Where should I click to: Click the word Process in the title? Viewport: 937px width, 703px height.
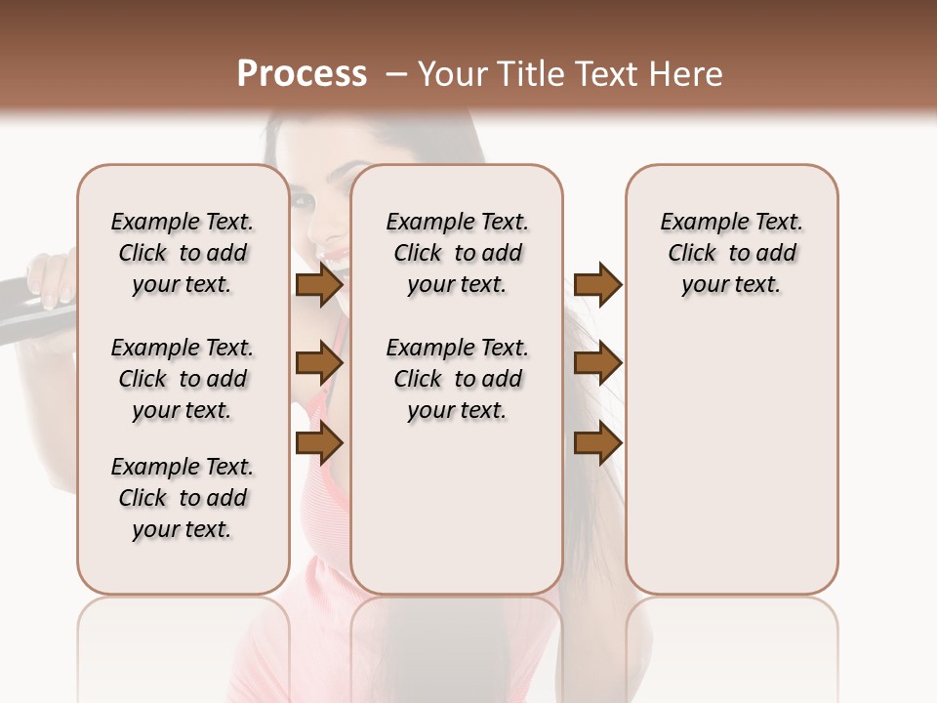tap(302, 74)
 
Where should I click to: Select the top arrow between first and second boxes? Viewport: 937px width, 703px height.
tap(319, 285)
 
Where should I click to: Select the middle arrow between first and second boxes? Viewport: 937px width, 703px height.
tap(319, 363)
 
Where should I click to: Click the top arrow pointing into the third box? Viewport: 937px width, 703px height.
tap(597, 285)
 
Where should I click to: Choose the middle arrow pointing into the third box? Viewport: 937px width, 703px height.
tap(597, 363)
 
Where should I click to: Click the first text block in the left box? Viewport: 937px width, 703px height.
tap(183, 253)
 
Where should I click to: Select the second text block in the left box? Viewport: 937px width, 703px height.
tap(183, 379)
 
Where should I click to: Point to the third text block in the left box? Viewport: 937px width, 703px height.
tap(183, 498)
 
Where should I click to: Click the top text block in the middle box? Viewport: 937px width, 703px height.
tap(457, 253)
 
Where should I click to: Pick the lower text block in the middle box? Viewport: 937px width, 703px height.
tap(457, 379)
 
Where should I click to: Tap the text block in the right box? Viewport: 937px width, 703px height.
tap(731, 253)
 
